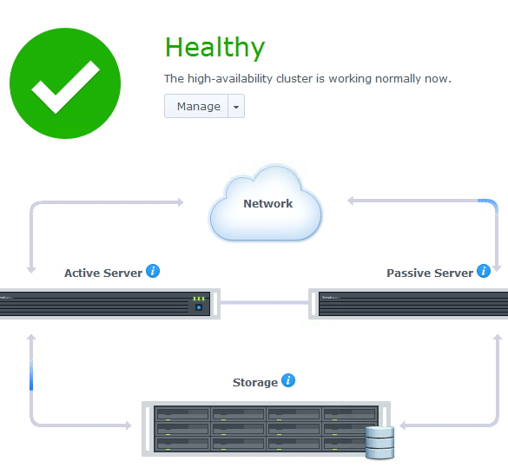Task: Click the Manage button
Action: pos(196,106)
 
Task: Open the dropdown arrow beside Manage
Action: pos(236,106)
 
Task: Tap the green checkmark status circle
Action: pos(65,83)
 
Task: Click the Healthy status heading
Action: pos(214,48)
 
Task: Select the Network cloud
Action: pos(266,204)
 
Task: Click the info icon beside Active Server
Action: pos(153,271)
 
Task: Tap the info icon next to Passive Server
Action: pos(484,271)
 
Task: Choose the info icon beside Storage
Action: pos(288,380)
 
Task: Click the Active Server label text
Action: pos(103,273)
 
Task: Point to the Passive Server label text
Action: pos(430,273)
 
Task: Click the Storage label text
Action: pos(255,383)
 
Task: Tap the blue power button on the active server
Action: pos(199,307)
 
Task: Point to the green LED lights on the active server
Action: pos(199,299)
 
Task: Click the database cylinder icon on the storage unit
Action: pos(379,443)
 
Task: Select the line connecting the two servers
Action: pos(264,303)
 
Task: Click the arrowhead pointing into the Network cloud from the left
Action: pos(180,202)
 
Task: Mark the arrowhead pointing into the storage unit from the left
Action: pos(129,425)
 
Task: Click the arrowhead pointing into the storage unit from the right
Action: pos(403,425)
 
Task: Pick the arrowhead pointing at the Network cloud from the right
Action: pos(351,201)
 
